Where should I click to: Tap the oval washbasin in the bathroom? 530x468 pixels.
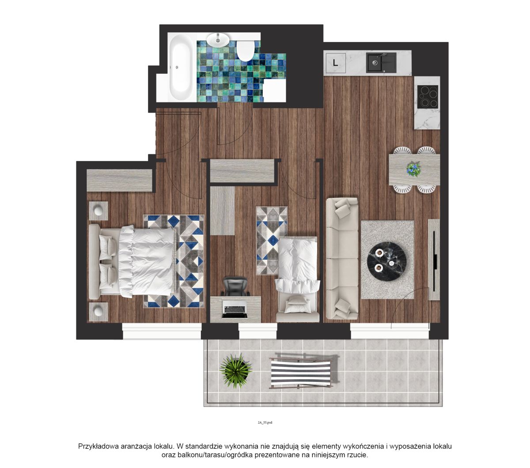pos(218,39)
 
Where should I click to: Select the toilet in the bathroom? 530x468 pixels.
pos(245,51)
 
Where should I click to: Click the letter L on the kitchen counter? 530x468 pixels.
pos(335,63)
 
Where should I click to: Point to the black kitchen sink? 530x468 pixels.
pos(381,63)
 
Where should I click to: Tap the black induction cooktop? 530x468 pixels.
pos(427,97)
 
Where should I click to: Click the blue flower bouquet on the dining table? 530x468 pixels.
pos(413,169)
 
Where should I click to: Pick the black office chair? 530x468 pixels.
pos(235,286)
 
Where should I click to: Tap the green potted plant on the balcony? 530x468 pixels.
pos(236,370)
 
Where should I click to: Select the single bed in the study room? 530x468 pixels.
pos(297,279)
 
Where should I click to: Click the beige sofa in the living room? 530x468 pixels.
pos(342,258)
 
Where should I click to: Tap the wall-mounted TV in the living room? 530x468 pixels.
pos(434,261)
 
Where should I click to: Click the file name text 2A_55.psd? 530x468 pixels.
pos(265,423)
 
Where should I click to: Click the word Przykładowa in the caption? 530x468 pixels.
pos(98,446)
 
